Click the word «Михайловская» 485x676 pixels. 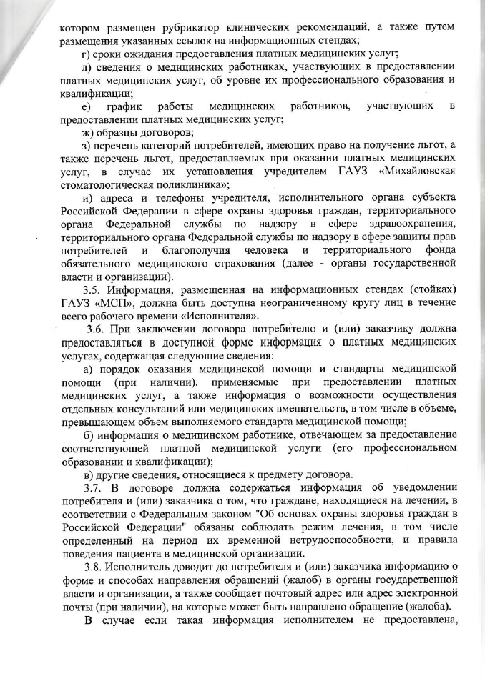(x=418, y=172)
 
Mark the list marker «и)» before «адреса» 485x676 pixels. (x=89, y=198)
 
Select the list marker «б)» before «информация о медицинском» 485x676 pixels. (x=89, y=434)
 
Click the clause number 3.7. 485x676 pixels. (x=94, y=487)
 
